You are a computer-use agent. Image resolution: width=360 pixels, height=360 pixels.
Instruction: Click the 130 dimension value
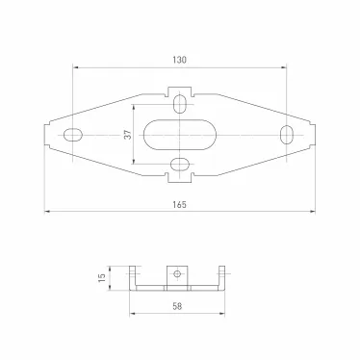coord(180,60)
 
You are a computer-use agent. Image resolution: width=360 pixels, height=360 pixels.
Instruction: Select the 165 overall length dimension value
coord(180,204)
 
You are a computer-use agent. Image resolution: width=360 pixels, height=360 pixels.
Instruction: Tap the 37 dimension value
coord(126,135)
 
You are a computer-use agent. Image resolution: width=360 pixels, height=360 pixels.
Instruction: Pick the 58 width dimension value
coord(179,306)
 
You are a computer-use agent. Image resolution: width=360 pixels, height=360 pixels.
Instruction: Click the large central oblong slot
coord(180,135)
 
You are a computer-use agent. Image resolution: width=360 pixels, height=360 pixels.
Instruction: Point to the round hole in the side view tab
coord(177,274)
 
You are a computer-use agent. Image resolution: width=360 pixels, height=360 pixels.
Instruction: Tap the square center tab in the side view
coord(177,275)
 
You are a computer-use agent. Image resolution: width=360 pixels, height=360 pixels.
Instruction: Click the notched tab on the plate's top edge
coord(180,93)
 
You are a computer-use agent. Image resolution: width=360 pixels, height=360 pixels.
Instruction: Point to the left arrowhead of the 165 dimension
coord(48,211)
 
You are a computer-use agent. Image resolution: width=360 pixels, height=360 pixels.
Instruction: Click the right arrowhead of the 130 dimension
coord(284,67)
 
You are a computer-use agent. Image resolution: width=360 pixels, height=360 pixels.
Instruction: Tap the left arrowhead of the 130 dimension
coord(76,67)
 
